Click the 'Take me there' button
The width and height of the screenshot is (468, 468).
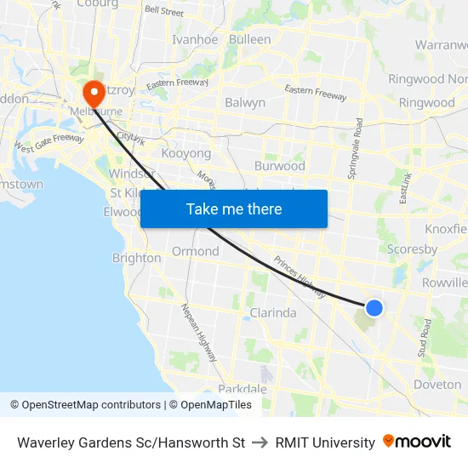(x=234, y=208)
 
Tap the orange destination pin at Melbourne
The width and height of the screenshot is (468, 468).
(x=92, y=93)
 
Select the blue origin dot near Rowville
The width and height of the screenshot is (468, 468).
(x=374, y=308)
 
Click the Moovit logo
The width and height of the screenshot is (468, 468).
(x=416, y=442)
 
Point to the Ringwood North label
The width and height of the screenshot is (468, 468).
(x=427, y=79)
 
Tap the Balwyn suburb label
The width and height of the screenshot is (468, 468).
(x=245, y=102)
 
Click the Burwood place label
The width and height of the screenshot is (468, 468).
(x=279, y=166)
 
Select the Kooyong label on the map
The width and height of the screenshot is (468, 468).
(x=185, y=153)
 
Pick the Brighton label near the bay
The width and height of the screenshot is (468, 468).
(x=136, y=258)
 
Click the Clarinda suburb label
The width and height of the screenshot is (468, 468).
(x=273, y=312)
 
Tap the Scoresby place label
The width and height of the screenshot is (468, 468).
(x=412, y=249)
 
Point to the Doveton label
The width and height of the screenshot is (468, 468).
(x=437, y=385)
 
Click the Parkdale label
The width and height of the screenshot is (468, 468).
(x=243, y=389)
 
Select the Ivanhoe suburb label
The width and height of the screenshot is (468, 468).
(x=195, y=39)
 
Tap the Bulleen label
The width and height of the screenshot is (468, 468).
(x=249, y=39)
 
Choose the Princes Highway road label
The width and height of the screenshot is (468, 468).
(x=300, y=277)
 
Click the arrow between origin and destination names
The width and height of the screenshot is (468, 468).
(x=260, y=442)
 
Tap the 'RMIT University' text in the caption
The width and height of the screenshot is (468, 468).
(x=325, y=442)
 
